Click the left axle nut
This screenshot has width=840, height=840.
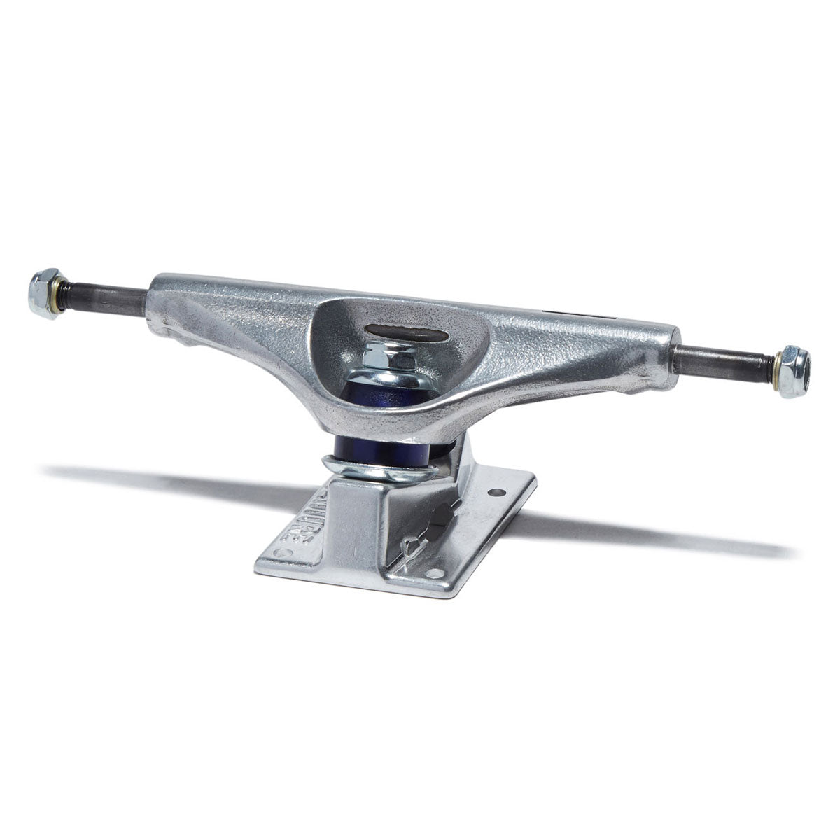tap(44, 293)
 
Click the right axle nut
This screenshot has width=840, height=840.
tap(795, 371)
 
